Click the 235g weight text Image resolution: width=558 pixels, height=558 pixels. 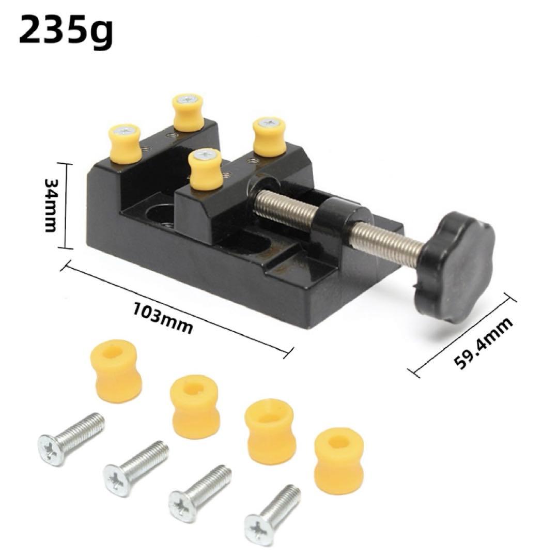click(66, 32)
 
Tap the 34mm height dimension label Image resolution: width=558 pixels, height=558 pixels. click(51, 205)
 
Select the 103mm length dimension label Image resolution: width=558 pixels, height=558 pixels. click(163, 318)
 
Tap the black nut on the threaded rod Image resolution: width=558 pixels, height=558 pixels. click(342, 216)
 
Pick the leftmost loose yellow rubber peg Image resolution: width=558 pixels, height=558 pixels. click(117, 371)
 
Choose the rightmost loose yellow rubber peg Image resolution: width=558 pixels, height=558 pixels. click(339, 460)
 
